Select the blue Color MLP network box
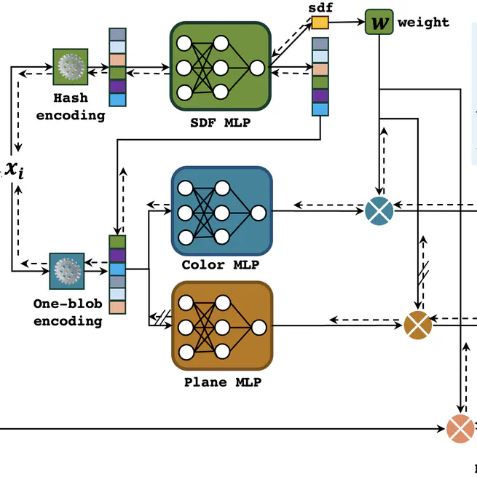(221, 210)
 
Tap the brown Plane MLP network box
(222, 326)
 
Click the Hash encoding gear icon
(71, 67)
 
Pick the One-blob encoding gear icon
(67, 271)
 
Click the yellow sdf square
(320, 23)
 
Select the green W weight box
(379, 22)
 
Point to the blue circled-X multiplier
(379, 210)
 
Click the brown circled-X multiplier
(418, 325)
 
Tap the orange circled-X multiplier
(460, 428)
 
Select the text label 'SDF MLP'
(220, 122)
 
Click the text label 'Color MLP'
(221, 265)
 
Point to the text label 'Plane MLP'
(222, 382)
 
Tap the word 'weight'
(423, 23)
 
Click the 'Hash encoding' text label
(71, 106)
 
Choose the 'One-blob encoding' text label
(67, 312)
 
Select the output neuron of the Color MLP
(258, 213)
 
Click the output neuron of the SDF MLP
(257, 68)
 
